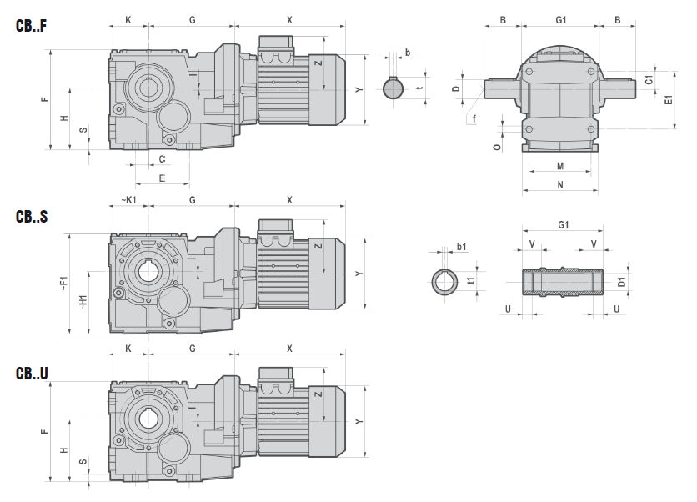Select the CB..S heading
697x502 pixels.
[x=31, y=217]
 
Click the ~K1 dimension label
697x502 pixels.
[x=128, y=200]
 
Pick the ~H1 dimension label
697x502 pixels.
[x=83, y=302]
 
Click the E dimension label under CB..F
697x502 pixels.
[x=162, y=178]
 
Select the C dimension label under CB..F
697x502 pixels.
[x=162, y=158]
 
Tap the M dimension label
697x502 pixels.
[x=560, y=166]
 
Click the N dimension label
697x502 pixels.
[x=560, y=184]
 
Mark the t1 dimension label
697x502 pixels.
[x=471, y=282]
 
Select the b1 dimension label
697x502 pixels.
[x=462, y=247]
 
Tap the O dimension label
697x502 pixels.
[x=496, y=147]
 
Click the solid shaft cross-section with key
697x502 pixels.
[x=394, y=88]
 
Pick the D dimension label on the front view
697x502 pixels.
[x=456, y=88]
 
